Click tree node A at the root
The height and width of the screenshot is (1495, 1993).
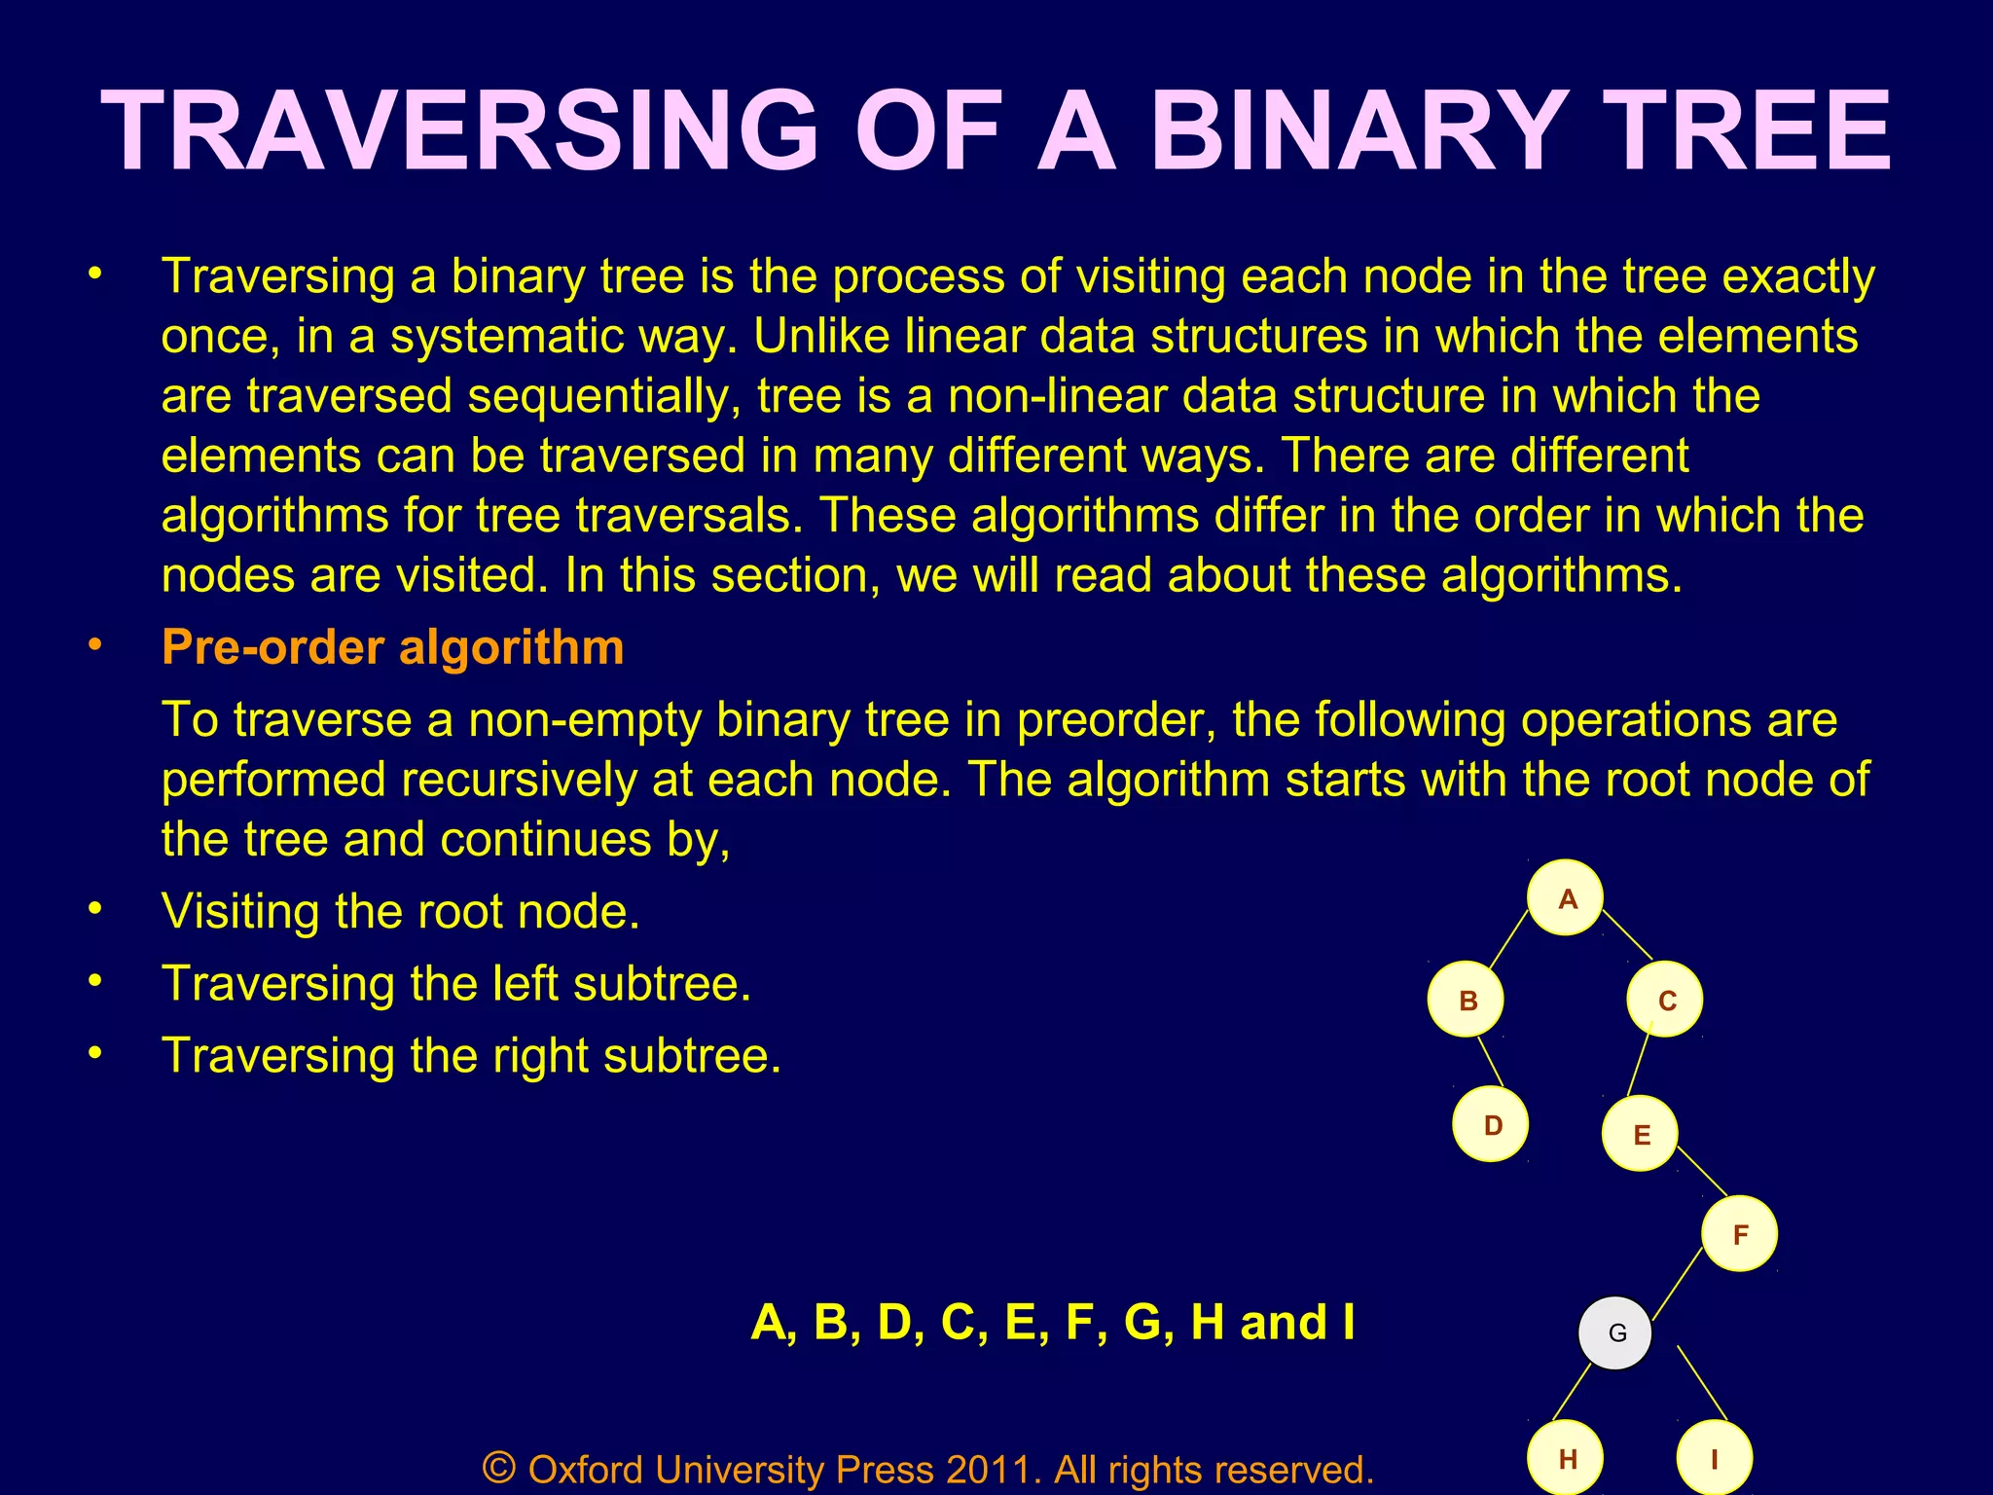(1565, 897)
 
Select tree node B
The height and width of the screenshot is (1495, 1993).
(1466, 1000)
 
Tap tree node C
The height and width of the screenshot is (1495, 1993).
(1665, 1000)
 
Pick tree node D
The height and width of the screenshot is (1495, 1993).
(1491, 1124)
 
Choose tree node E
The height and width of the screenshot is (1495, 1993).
(1641, 1134)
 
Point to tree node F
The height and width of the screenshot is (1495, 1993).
(1740, 1234)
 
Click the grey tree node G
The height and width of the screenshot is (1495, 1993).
(1615, 1332)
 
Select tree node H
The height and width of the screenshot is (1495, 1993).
(1566, 1458)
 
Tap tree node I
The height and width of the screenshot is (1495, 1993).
(1715, 1458)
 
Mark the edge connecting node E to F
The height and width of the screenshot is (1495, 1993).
(1702, 1172)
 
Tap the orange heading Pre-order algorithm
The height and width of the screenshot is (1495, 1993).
(393, 647)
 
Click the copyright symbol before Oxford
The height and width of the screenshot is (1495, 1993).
(499, 1467)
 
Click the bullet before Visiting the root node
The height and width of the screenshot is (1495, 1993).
(94, 909)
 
